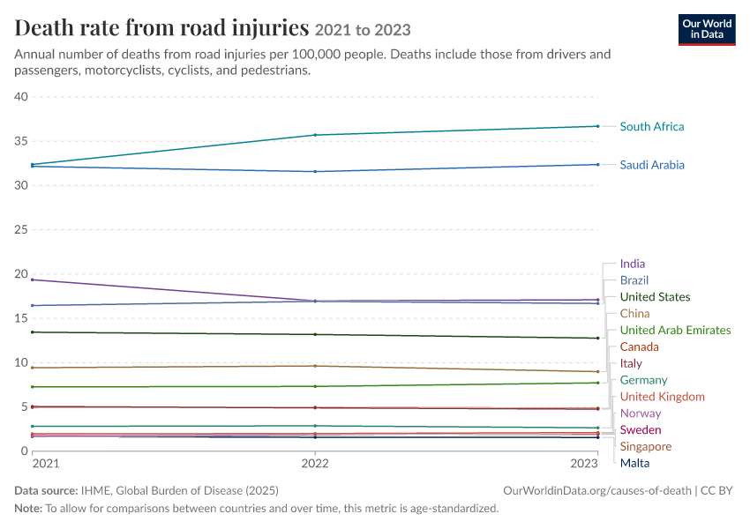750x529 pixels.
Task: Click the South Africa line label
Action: (652, 127)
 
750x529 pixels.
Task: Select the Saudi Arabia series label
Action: (652, 165)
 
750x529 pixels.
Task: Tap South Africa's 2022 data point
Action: (315, 135)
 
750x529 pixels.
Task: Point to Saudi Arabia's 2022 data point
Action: (315, 172)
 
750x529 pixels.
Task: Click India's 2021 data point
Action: (33, 279)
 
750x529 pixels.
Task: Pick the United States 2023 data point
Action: (598, 339)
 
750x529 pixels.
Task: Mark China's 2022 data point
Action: (315, 366)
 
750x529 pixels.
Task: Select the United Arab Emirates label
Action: (675, 331)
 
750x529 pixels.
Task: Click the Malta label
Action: (634, 463)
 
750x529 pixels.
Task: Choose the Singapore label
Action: (646, 447)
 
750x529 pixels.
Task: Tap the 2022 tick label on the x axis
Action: (315, 464)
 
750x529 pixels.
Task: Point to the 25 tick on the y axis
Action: (21, 230)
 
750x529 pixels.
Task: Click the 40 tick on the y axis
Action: (21, 96)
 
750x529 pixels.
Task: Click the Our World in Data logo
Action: (707, 30)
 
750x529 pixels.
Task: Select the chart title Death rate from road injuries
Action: (161, 27)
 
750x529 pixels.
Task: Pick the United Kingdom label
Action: (663, 397)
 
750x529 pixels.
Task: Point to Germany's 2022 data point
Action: (315, 426)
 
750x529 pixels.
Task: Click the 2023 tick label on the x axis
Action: (584, 464)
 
